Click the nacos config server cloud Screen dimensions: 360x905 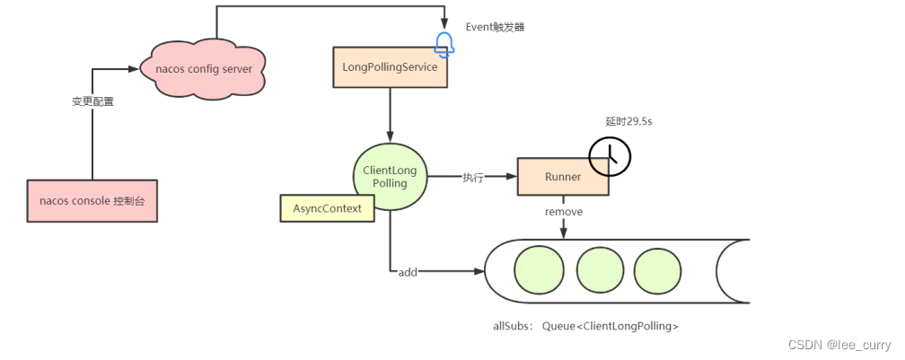204,68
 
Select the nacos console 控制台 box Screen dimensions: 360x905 92,200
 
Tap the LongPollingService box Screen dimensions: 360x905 391,67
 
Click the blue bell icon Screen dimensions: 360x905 444,43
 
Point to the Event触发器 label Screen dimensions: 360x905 495,27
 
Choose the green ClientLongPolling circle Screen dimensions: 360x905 390,177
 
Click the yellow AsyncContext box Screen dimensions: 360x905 328,208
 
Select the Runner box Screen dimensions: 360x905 563,177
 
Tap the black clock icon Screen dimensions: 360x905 610,155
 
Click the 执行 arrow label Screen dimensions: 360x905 473,178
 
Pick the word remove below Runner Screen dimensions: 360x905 564,212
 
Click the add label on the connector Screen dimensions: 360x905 408,271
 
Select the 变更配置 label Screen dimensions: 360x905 93,101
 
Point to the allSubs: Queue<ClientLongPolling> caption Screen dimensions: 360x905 585,326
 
